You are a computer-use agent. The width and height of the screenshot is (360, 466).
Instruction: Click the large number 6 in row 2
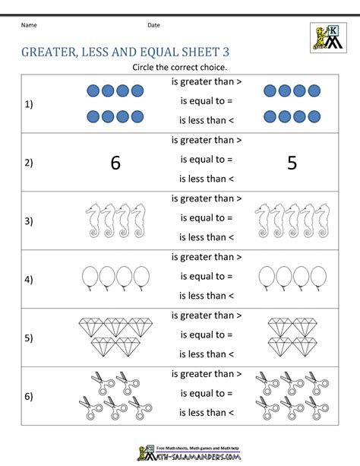pos(115,162)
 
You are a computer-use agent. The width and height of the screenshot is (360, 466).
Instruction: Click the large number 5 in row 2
pos(292,162)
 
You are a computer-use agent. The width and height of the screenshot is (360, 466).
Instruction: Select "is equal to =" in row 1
pos(206,100)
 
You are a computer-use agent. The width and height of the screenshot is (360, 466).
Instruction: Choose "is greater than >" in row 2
pos(207,140)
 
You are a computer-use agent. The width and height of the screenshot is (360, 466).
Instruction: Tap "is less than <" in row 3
pos(207,237)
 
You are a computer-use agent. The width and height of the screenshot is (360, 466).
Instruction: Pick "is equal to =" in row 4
pos(206,276)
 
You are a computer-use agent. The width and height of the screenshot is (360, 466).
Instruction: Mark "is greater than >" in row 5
pos(207,315)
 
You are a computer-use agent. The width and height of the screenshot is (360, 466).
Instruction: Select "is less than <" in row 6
pos(207,412)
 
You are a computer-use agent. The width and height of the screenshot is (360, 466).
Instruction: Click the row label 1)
pos(29,104)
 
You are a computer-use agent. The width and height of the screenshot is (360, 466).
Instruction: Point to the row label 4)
pos(29,280)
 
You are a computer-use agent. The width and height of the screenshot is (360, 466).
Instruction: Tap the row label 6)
pos(29,397)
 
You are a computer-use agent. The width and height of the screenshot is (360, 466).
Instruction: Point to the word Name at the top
pos(29,25)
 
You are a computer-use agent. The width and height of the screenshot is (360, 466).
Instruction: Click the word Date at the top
pos(153,25)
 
